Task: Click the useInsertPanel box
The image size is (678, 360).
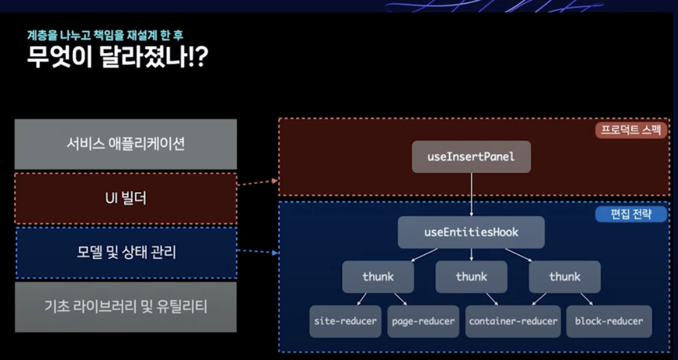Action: pyautogui.click(x=471, y=157)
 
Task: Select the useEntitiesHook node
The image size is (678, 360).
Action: pyautogui.click(x=471, y=232)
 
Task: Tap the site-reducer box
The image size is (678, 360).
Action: pyautogui.click(x=345, y=321)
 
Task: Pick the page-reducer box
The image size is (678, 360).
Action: pyautogui.click(x=423, y=321)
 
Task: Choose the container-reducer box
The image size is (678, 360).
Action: pyautogui.click(x=513, y=321)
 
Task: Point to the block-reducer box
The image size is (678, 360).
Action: pyautogui.click(x=609, y=321)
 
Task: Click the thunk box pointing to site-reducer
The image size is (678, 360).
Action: pyautogui.click(x=378, y=277)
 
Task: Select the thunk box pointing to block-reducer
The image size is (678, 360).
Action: pyautogui.click(x=564, y=277)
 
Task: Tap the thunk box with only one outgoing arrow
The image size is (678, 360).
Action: pyautogui.click(x=471, y=277)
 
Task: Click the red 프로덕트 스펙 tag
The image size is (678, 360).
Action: pyautogui.click(x=631, y=130)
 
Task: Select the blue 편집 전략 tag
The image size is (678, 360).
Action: pyautogui.click(x=631, y=214)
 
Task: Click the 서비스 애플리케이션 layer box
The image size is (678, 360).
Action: pyautogui.click(x=126, y=144)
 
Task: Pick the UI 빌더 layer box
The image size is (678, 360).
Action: pyautogui.click(x=126, y=198)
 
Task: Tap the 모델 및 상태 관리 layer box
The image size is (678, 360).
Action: pyautogui.click(x=126, y=253)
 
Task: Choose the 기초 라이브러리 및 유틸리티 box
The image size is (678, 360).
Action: pyautogui.click(x=126, y=307)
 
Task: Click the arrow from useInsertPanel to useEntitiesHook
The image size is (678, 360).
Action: pyautogui.click(x=471, y=195)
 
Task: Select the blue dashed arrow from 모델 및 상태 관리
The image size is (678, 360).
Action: pyautogui.click(x=258, y=252)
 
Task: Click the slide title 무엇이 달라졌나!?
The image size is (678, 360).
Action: pyautogui.click(x=117, y=58)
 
